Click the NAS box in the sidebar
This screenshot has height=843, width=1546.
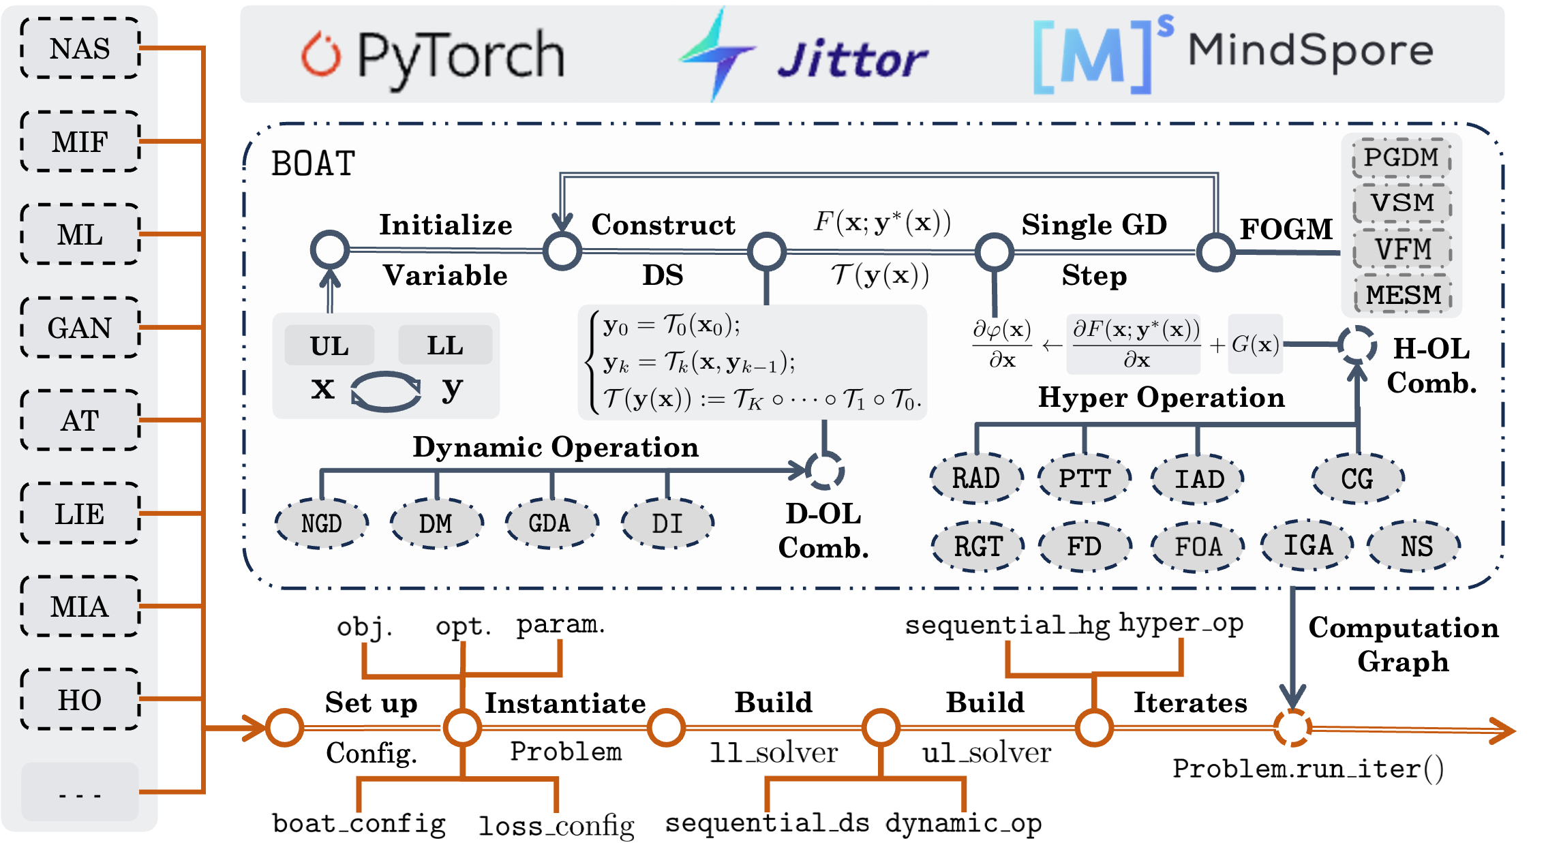coord(80,48)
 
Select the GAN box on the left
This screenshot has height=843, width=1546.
coord(80,328)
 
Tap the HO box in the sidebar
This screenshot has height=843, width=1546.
coord(80,700)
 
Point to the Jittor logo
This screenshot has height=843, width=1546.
coord(802,55)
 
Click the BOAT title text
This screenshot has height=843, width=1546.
coord(313,164)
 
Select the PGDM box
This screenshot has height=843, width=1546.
coord(1401,157)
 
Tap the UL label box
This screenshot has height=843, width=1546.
coord(329,346)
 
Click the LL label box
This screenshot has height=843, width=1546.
coord(444,346)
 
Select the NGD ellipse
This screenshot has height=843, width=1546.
coord(322,523)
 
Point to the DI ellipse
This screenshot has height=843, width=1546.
coord(667,523)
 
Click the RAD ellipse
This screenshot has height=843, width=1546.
coord(976,478)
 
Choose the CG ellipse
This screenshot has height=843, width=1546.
coord(1357,478)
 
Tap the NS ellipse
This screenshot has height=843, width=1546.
coord(1416,547)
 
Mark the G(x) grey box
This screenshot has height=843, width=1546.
coord(1255,344)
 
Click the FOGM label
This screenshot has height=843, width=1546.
coord(1286,229)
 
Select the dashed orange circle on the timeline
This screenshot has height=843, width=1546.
coord(1292,728)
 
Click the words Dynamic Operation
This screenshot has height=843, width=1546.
coord(556,447)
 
